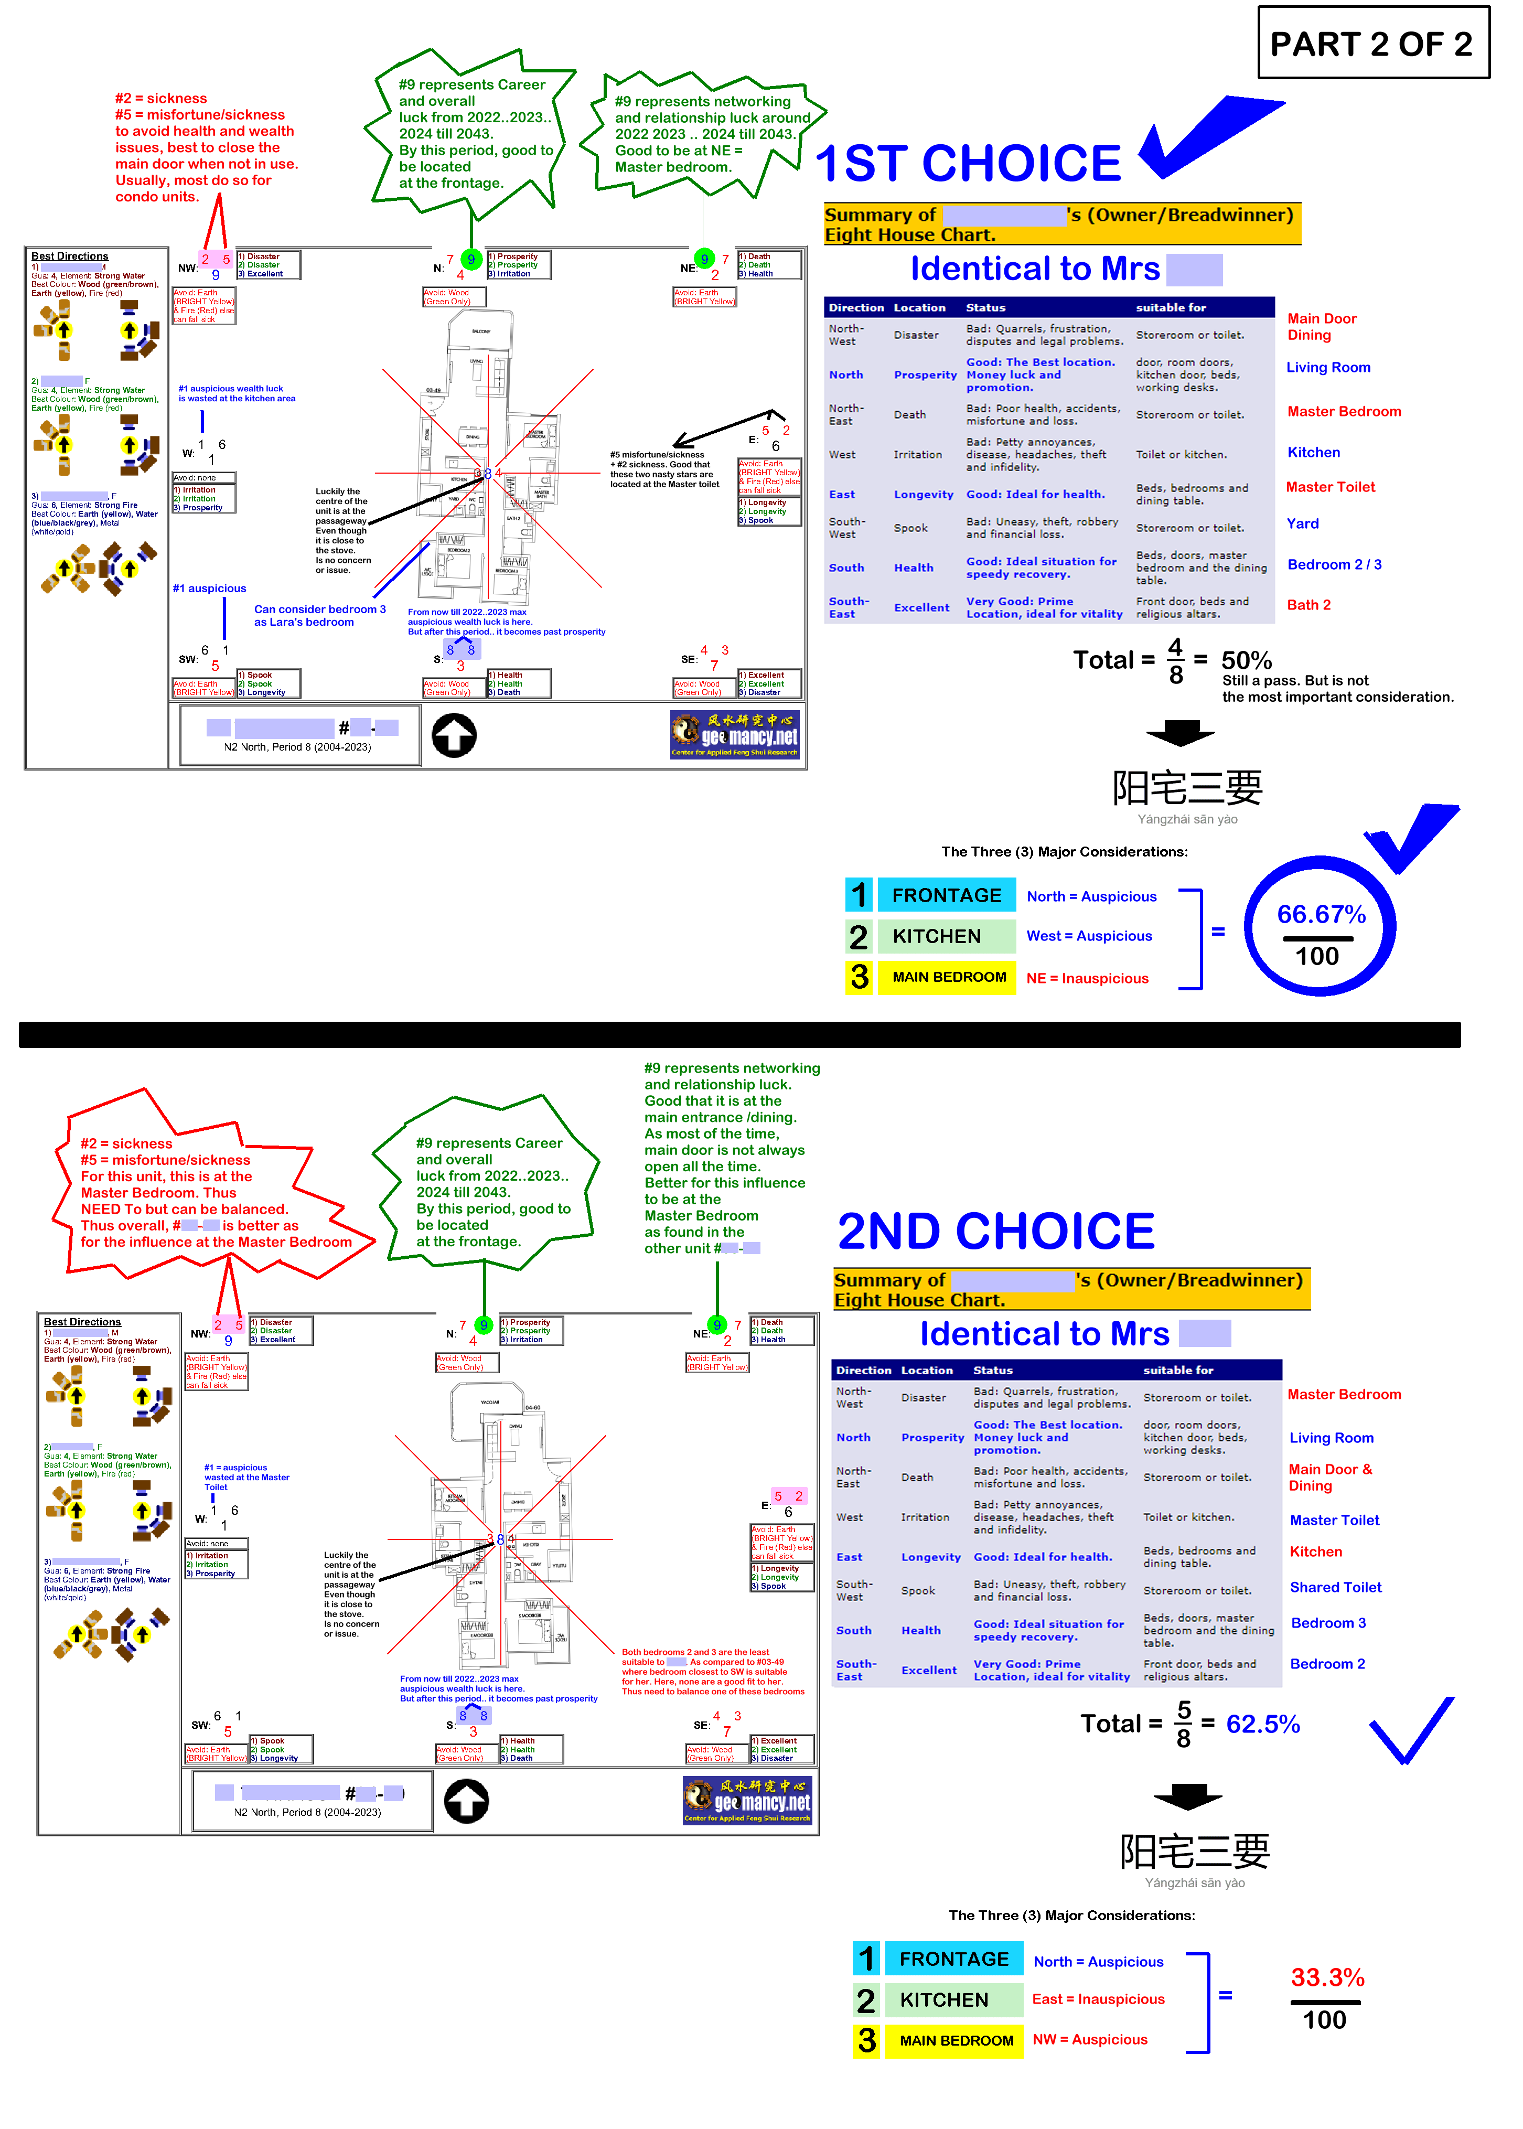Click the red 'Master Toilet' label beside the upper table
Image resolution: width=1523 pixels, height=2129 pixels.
[1330, 487]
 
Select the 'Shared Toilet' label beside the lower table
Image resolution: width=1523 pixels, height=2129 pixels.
[1335, 1587]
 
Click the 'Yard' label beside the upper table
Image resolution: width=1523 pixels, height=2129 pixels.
[1303, 523]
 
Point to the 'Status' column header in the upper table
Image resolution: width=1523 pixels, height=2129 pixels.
[985, 307]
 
